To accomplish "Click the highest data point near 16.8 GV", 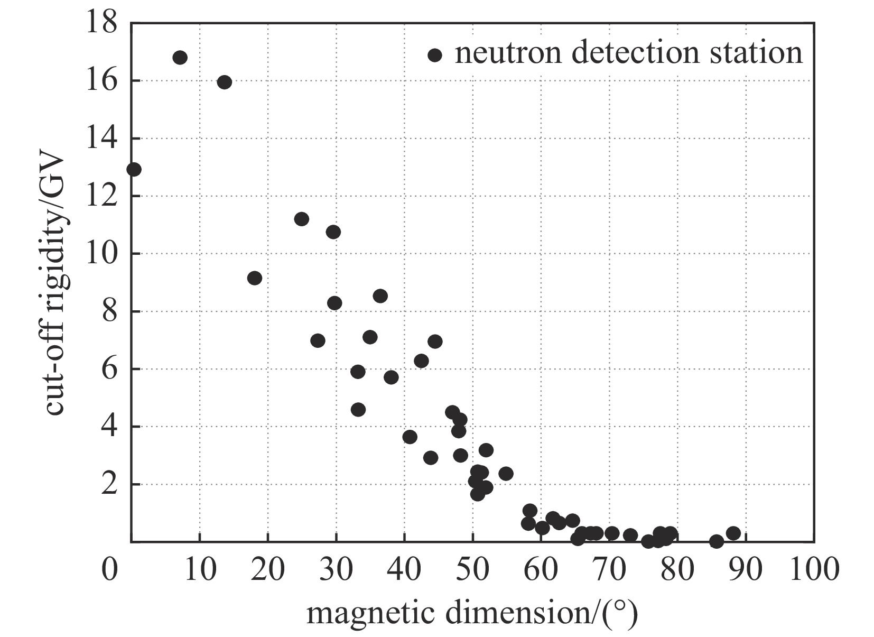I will (x=180, y=58).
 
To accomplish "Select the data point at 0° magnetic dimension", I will (x=134, y=169).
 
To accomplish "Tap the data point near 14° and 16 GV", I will (x=225, y=82).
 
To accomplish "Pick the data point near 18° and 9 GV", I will (x=255, y=278).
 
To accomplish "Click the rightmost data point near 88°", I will (x=733, y=533).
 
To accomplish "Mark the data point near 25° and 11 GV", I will (x=302, y=219).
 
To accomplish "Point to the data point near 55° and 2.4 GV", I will (x=506, y=473).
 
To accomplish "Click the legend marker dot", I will (x=435, y=55).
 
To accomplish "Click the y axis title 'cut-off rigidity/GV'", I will (x=54, y=285).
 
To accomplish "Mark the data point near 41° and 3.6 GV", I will (x=410, y=437).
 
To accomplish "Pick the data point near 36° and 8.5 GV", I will (x=380, y=296).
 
